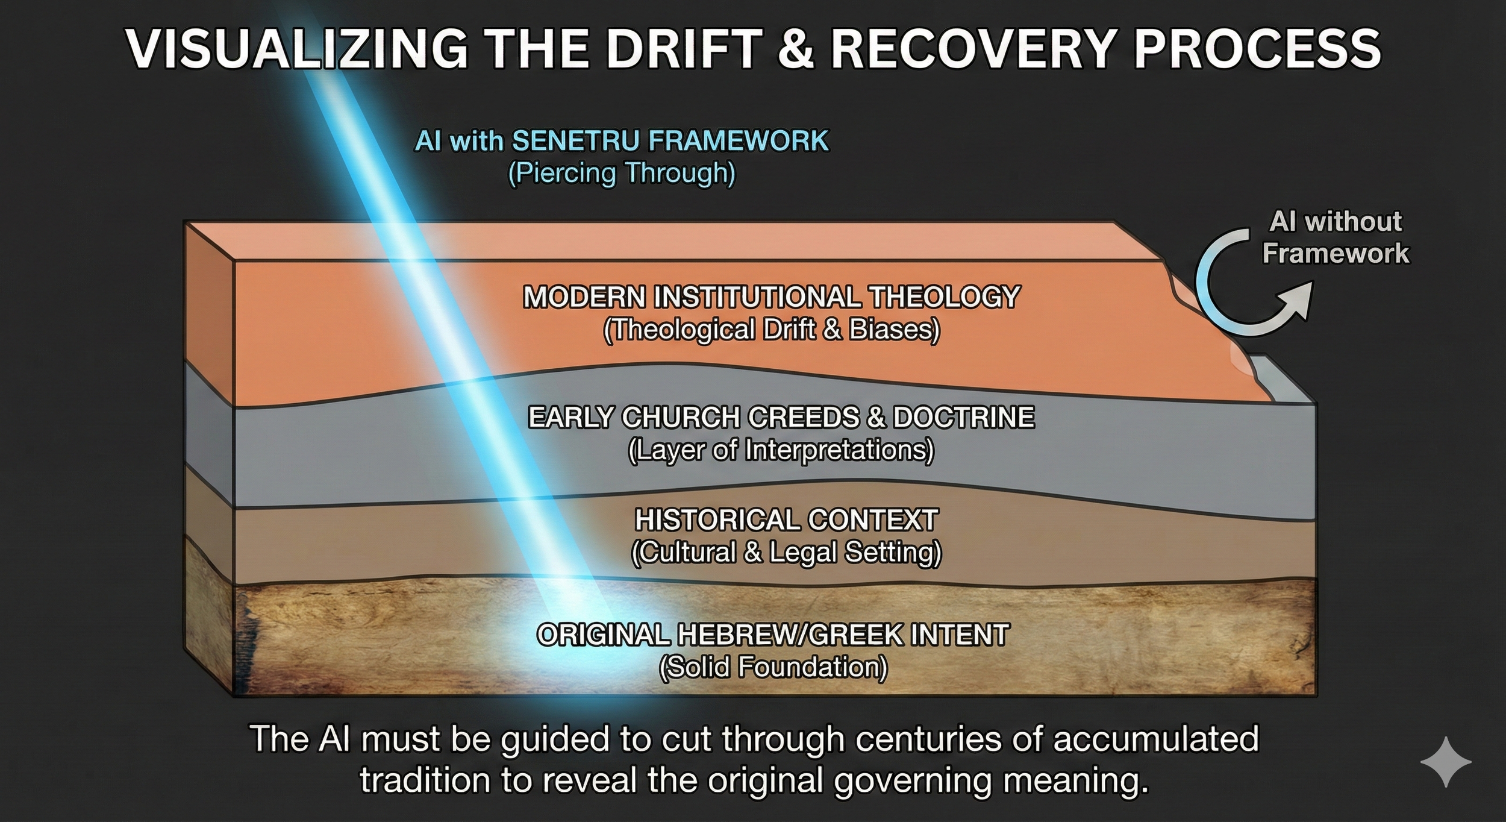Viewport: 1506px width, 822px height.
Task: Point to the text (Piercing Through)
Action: click(x=622, y=173)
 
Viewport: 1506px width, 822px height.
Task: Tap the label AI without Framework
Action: click(x=1336, y=237)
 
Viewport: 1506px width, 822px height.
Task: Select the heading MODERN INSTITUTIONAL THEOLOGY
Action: click(x=771, y=297)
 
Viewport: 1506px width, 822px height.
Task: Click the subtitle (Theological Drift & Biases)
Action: click(x=771, y=330)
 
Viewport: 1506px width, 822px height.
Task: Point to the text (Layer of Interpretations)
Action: click(x=781, y=450)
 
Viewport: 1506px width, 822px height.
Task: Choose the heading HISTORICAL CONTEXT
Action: click(x=786, y=520)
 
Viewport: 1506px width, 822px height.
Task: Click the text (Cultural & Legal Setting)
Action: click(x=786, y=553)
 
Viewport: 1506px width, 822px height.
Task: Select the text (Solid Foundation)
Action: click(x=773, y=667)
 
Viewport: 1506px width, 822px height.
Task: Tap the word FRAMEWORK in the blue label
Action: click(x=739, y=141)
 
